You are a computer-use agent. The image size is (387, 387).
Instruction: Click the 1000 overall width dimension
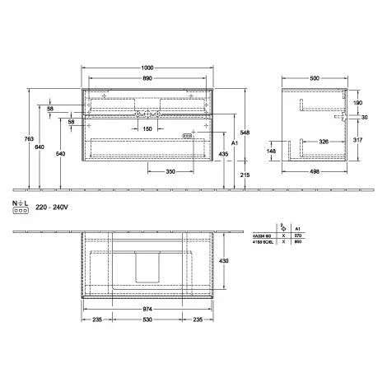click(148, 68)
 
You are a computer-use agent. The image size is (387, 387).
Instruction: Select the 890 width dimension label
click(148, 79)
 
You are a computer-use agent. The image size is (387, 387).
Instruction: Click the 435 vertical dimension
click(223, 154)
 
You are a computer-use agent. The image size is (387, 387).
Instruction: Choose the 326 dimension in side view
click(325, 142)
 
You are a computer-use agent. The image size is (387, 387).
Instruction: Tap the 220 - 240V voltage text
click(50, 211)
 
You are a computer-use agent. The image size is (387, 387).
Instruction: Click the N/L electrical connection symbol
click(17, 207)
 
